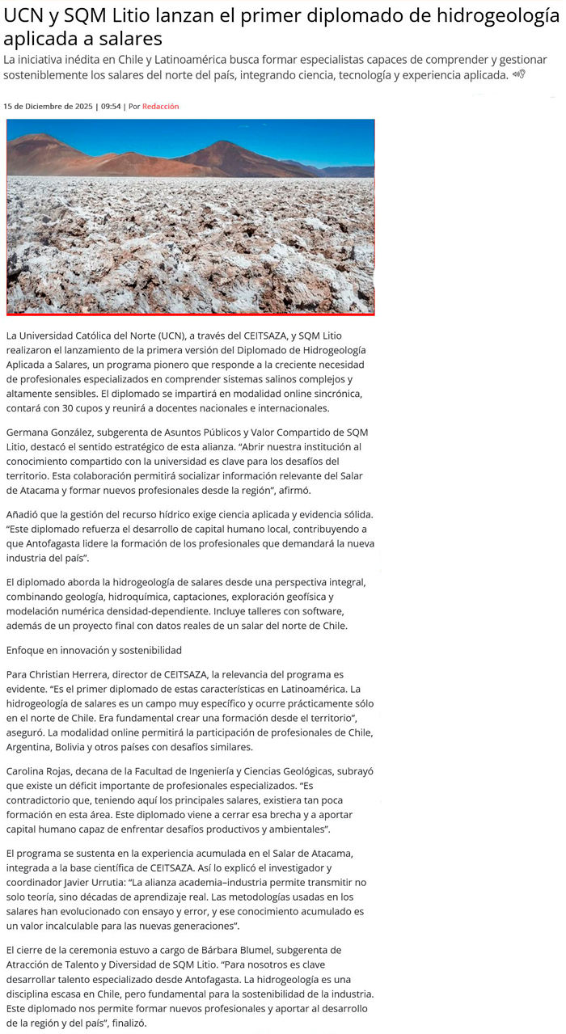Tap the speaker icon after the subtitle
tap(518, 74)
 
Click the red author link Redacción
tap(160, 106)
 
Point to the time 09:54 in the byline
tap(111, 106)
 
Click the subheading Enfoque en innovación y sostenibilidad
tap(94, 649)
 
